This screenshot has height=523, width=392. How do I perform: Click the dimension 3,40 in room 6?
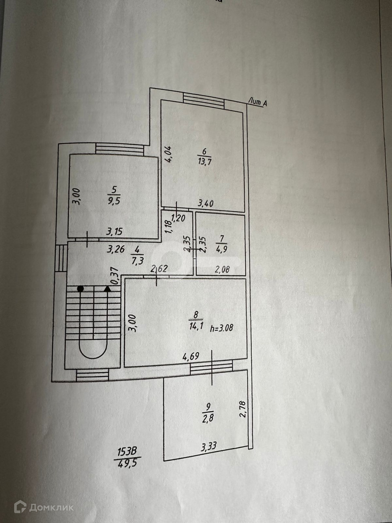[x=205, y=204]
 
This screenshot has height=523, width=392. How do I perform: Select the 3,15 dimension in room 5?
[x=114, y=231]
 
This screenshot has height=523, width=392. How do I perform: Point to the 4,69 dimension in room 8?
[x=191, y=356]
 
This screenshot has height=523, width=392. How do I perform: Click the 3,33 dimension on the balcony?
[x=209, y=446]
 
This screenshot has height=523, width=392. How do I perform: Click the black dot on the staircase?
[x=80, y=289]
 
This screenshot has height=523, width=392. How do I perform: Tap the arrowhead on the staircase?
[x=107, y=289]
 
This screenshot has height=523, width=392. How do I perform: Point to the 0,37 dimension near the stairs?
[x=115, y=275]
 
